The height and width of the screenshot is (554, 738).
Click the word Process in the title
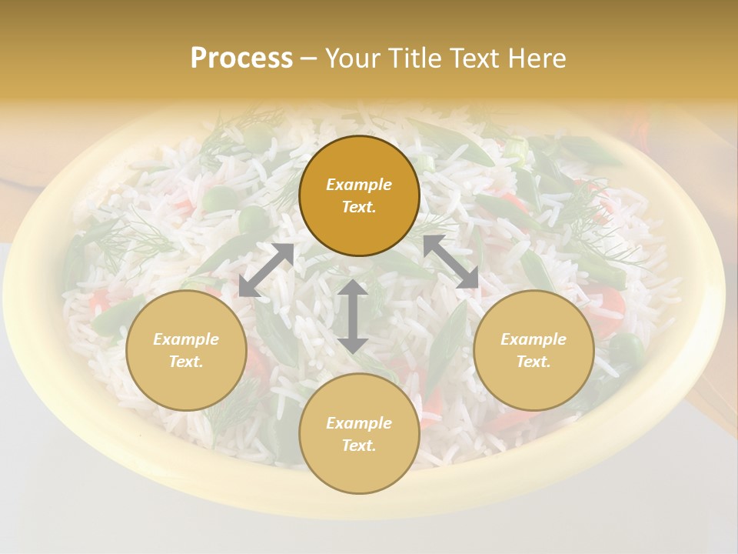[241, 58]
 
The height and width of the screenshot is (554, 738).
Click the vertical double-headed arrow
[353, 315]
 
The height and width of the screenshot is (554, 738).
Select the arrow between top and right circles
[450, 262]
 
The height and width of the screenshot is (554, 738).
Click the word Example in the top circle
[359, 185]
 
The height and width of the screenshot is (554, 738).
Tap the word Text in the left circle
[186, 362]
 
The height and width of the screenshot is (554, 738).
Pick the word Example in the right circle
[534, 339]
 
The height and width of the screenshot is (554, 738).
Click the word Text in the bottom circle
[359, 446]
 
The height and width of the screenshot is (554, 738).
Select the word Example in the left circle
[186, 339]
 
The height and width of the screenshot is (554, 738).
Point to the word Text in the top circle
[359, 207]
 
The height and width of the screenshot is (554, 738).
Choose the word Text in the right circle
[534, 362]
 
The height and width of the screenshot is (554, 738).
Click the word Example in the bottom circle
[359, 423]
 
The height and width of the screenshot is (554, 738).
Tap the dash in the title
[309, 58]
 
